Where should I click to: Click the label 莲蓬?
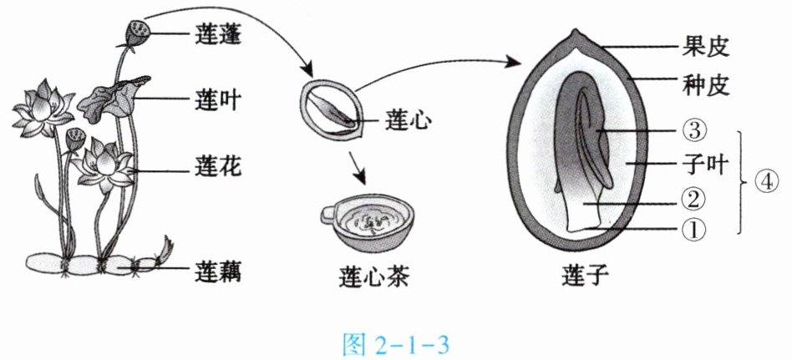coord(218,34)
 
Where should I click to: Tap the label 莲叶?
coord(218,100)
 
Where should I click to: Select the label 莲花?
coord(218,166)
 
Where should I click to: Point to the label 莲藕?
coord(218,272)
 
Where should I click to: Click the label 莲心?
coord(408,120)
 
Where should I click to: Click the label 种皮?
coord(705,85)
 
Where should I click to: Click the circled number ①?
coord(693,230)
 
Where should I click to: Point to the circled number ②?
coord(693,201)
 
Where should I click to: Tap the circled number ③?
coord(693,131)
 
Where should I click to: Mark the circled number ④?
coord(766,182)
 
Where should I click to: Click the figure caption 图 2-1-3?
coord(395,345)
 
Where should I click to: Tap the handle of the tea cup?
coord(329,213)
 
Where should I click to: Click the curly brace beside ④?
coord(742,182)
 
